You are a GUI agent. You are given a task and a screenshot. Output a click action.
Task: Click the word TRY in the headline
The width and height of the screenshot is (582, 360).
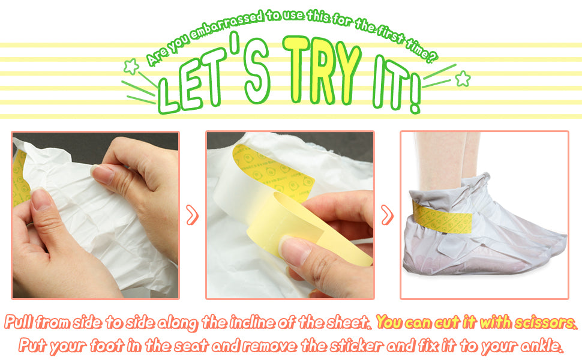pos(322,71)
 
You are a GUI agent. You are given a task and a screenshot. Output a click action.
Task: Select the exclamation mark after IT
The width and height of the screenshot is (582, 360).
pos(415,92)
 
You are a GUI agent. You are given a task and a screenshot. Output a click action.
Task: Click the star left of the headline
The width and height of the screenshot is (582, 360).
pos(131,67)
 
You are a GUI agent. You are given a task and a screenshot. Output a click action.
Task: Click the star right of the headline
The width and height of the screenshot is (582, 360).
pos(463,79)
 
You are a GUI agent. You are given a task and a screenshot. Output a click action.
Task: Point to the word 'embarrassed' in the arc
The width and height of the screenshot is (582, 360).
pos(226,25)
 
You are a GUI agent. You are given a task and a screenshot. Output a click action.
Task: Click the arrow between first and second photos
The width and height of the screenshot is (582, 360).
pos(192,215)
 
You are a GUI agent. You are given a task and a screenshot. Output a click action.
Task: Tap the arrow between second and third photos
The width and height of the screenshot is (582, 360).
pos(387,215)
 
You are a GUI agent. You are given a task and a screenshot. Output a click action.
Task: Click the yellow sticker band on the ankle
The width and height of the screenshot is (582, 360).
pos(442,217)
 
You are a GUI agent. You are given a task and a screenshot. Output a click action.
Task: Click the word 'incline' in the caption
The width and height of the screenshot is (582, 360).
pos(252,322)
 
